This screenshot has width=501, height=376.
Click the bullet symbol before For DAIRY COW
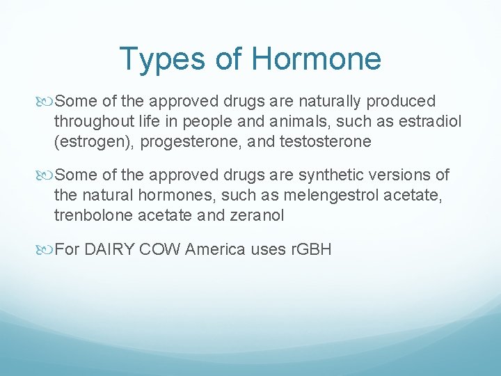[x=47, y=249]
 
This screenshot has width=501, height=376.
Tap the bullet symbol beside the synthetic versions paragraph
[x=47, y=175]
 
